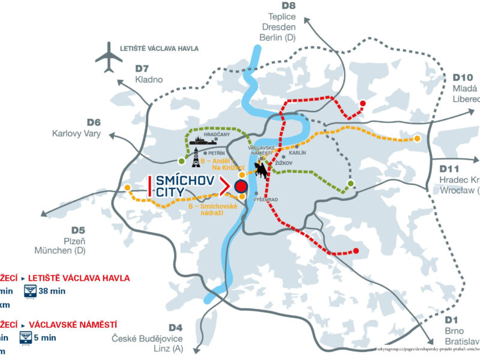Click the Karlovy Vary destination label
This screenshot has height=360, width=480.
point(76,133)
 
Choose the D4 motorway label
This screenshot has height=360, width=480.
point(174,327)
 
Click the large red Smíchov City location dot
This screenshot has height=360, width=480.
point(241,187)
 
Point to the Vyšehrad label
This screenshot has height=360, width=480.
point(264,199)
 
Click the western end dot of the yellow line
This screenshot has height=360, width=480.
point(128,188)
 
